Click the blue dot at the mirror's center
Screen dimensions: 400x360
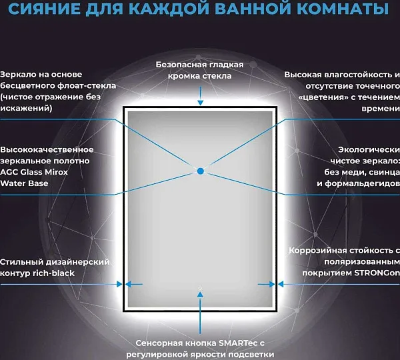click(201, 171)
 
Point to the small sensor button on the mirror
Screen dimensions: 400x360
click(200, 288)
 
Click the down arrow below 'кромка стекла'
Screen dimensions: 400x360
click(201, 96)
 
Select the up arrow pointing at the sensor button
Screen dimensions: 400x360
click(200, 313)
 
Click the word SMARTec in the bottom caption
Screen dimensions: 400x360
click(235, 343)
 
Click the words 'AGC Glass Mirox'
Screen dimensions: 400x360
click(34, 172)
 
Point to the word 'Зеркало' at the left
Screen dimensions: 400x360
click(17, 75)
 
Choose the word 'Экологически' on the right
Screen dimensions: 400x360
click(369, 150)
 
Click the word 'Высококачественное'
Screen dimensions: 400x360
click(47, 150)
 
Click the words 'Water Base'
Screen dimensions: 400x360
click(24, 183)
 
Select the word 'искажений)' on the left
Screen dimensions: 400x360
click(26, 109)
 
